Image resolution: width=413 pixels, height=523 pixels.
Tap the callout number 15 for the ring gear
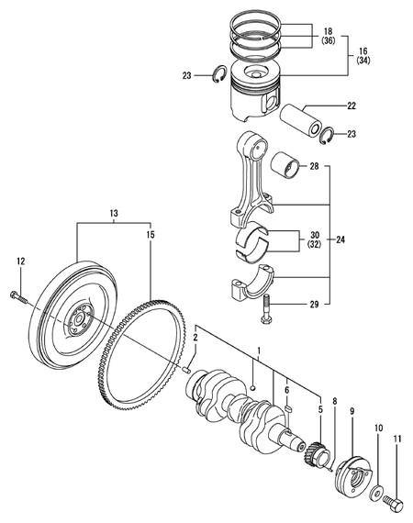[x=150, y=235]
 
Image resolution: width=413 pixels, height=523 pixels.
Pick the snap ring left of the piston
[x=220, y=76]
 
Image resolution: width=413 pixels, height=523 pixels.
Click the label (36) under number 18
[x=328, y=41]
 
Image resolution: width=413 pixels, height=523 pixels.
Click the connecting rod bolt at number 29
[x=265, y=310]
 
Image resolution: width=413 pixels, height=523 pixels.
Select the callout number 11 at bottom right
[x=397, y=441]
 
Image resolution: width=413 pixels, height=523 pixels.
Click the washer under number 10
[x=377, y=471]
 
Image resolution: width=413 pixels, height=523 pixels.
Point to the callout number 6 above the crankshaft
[x=286, y=388]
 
